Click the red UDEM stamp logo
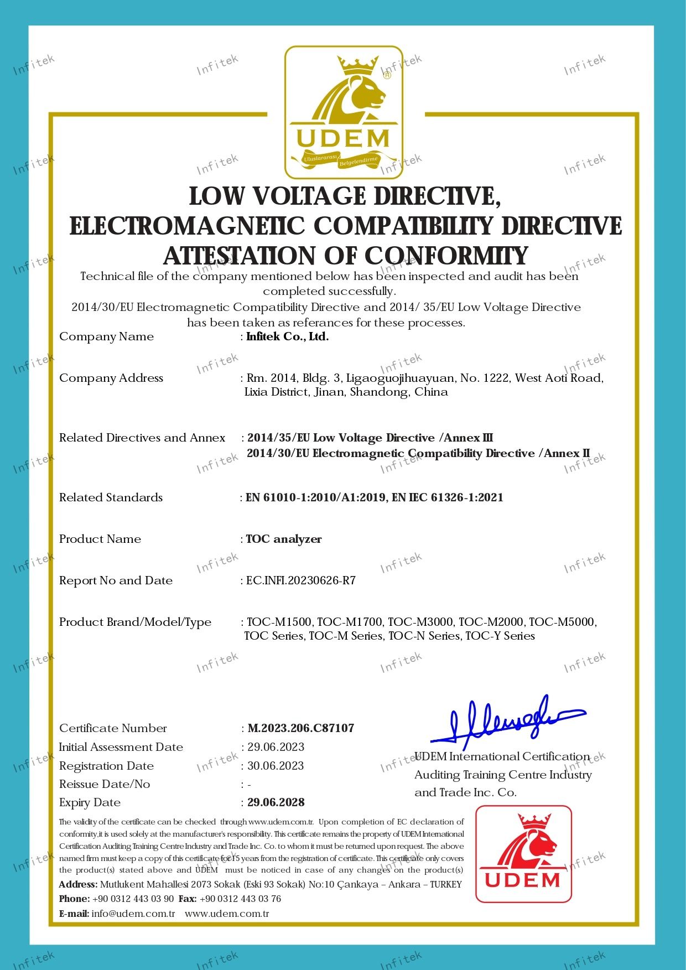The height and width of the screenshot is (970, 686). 523,854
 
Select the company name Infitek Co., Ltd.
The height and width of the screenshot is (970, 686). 287,336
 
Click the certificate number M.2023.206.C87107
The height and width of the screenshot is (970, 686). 301,728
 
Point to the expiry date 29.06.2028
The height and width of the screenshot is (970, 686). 276,802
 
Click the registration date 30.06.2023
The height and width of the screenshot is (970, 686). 276,766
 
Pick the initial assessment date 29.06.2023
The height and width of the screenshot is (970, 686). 276,747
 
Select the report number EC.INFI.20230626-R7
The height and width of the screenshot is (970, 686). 301,580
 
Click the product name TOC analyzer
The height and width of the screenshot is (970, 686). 284,539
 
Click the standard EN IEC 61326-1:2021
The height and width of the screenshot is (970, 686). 448,497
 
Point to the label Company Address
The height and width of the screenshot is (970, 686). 111,378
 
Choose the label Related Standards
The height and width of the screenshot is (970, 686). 111,497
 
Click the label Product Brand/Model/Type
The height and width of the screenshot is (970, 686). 135,622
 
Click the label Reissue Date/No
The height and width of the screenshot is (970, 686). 105,784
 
